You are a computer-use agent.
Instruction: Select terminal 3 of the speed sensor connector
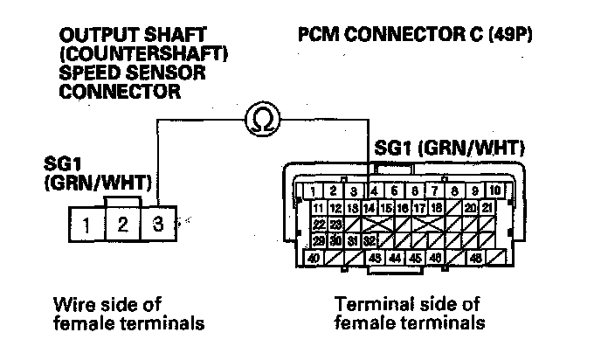[x=158, y=225]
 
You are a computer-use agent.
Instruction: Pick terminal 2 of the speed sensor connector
[x=122, y=225]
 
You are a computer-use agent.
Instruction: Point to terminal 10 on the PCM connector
[x=494, y=190]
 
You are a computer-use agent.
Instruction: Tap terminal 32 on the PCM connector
[x=370, y=240]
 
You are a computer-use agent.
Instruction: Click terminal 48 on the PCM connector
[x=476, y=258]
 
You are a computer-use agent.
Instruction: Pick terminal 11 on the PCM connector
[x=318, y=207]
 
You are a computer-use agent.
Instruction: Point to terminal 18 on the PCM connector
[x=436, y=207]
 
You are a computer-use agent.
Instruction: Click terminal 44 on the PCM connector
[x=395, y=258]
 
